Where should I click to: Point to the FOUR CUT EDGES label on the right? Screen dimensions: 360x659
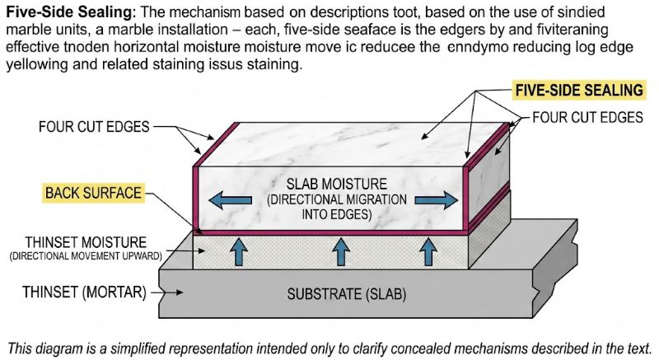point(587,118)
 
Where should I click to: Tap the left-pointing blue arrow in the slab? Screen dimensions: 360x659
point(226,199)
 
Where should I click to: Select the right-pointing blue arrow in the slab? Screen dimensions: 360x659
point(433,199)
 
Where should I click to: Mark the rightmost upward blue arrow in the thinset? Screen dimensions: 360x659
point(428,250)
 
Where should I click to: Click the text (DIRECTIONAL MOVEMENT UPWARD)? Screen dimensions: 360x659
point(86,256)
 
